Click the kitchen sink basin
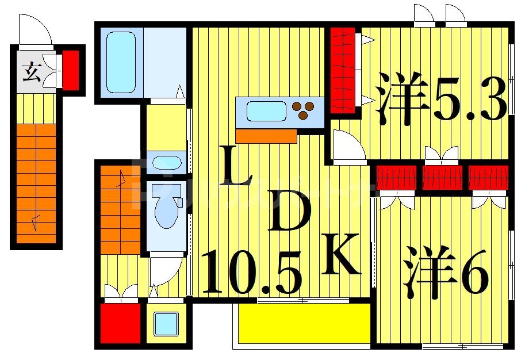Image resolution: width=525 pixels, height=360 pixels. pos(266,111)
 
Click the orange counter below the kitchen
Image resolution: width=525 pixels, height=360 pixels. pos(266,136)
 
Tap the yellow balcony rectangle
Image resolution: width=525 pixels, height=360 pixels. pos(304,323)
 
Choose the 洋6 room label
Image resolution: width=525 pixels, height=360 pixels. pos(446,272)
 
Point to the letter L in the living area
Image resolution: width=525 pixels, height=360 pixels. pos(236,167)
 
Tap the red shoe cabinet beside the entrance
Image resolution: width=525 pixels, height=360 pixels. pos(71,70)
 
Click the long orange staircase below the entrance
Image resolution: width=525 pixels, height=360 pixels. pos(36,183)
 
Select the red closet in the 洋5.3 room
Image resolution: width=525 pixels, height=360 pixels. pos(343,70)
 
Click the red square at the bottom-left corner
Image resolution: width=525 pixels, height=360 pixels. pos(121,323)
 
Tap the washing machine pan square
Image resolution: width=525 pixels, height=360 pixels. pos(166,323)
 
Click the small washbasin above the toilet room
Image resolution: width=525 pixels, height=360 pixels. pos(166,162)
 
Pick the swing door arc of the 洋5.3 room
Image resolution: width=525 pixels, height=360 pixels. pos(349,146)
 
